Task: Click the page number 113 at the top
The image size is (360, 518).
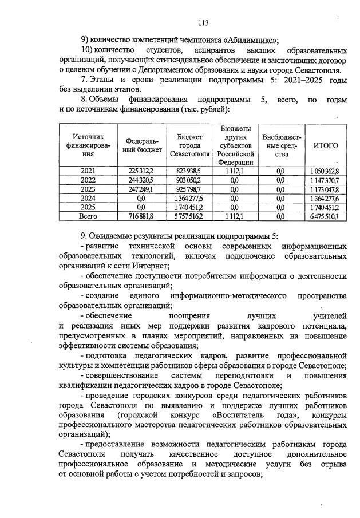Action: [x=202, y=23]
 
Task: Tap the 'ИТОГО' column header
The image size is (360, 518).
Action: [x=326, y=145]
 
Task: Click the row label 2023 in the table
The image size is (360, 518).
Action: [x=88, y=189]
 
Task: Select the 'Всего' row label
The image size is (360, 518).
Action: [x=88, y=216]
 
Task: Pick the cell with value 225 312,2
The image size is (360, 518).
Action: [x=141, y=171]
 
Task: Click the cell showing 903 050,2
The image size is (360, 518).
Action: [x=189, y=180]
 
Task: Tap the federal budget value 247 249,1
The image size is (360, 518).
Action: [x=141, y=189]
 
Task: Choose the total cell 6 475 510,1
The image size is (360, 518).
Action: [x=326, y=216]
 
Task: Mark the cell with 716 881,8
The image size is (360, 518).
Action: [x=141, y=216]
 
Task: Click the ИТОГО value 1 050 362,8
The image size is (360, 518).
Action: [x=326, y=171]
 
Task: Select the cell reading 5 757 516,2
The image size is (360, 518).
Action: [x=189, y=216]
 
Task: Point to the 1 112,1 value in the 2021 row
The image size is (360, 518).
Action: [x=235, y=171]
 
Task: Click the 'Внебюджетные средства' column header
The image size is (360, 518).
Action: [x=280, y=145]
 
